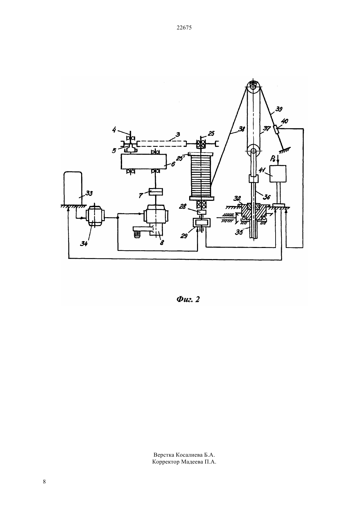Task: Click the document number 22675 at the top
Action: (x=184, y=27)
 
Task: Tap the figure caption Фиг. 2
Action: (x=188, y=299)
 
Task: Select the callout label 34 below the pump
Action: (x=84, y=244)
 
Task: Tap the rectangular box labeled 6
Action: (x=143, y=162)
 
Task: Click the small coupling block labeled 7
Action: (x=155, y=192)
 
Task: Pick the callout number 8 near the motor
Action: (x=162, y=243)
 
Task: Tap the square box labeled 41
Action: (x=278, y=174)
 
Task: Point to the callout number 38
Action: (x=242, y=129)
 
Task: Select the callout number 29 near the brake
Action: (x=184, y=236)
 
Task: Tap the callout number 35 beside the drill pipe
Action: (x=239, y=232)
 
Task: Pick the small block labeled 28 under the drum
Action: (x=201, y=212)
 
